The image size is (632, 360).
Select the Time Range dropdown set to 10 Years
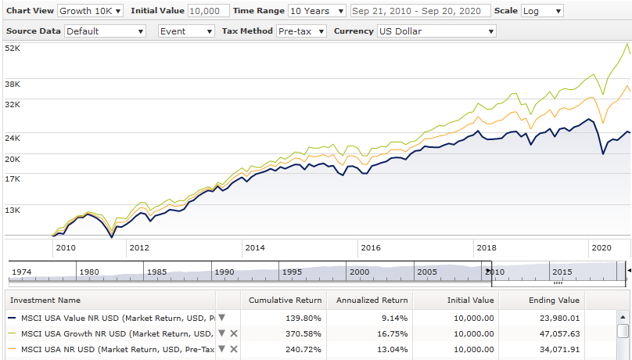tap(317, 11)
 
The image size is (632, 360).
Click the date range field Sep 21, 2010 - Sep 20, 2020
tap(421, 11)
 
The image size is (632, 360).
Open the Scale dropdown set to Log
tap(541, 11)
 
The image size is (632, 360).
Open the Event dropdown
tap(186, 31)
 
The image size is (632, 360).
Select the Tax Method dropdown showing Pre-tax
tap(302, 31)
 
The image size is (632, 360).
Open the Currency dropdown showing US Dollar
tap(436, 31)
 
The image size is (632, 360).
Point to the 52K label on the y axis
tap(13, 49)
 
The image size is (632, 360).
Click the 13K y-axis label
tap(13, 210)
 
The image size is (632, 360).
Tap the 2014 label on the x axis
tap(255, 247)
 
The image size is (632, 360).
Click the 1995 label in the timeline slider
tap(293, 272)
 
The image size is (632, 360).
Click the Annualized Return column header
tap(372, 300)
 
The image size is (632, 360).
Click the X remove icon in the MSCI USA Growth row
tap(233, 333)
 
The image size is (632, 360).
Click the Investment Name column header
tap(45, 300)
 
